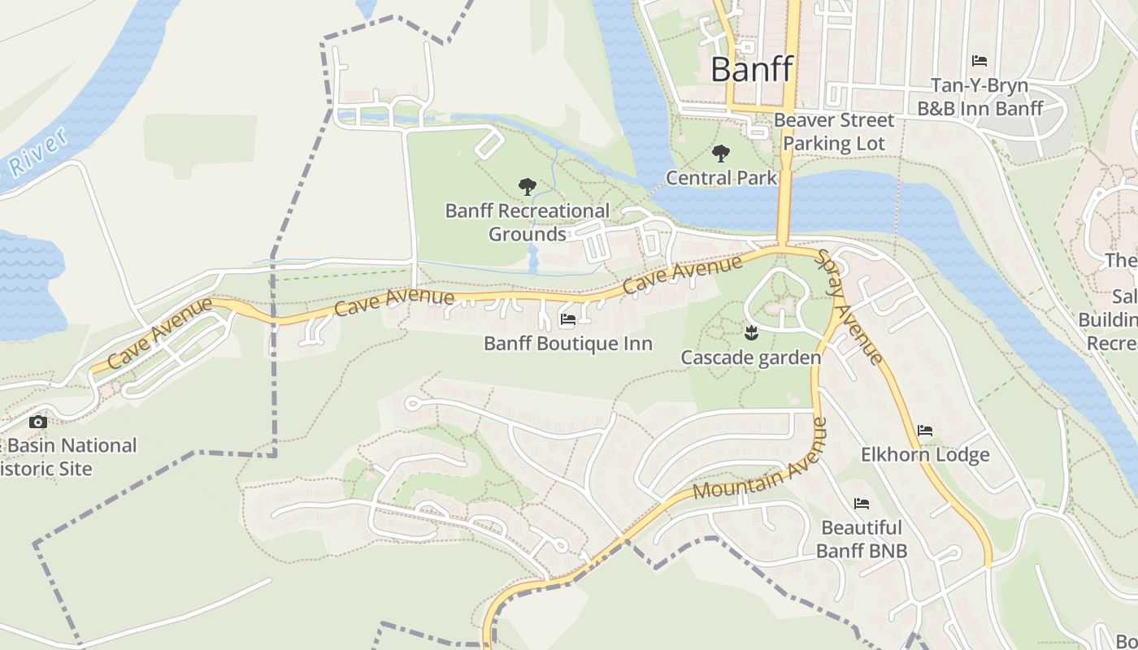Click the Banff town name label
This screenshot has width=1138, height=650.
click(751, 70)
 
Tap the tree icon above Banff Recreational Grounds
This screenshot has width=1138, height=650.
click(527, 187)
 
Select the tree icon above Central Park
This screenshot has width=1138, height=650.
click(720, 154)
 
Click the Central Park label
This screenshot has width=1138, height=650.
click(721, 177)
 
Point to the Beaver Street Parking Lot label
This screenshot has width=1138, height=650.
click(833, 132)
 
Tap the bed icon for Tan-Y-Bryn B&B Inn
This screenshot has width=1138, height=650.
click(979, 61)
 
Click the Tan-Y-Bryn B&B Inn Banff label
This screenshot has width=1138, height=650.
click(979, 97)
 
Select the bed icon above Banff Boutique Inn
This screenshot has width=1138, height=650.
click(567, 319)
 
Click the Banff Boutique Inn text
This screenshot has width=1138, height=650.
click(567, 344)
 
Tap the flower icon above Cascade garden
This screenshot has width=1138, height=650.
click(750, 331)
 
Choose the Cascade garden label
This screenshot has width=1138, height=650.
click(750, 357)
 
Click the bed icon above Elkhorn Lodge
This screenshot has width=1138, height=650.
click(925, 431)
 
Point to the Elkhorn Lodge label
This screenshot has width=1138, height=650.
click(925, 455)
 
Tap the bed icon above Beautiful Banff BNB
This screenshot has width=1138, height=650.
click(862, 504)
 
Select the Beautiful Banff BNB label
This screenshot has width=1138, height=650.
click(862, 539)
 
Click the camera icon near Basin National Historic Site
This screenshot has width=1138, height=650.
click(37, 422)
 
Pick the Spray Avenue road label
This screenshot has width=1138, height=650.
click(850, 307)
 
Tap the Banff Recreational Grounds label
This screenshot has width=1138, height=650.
click(527, 223)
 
